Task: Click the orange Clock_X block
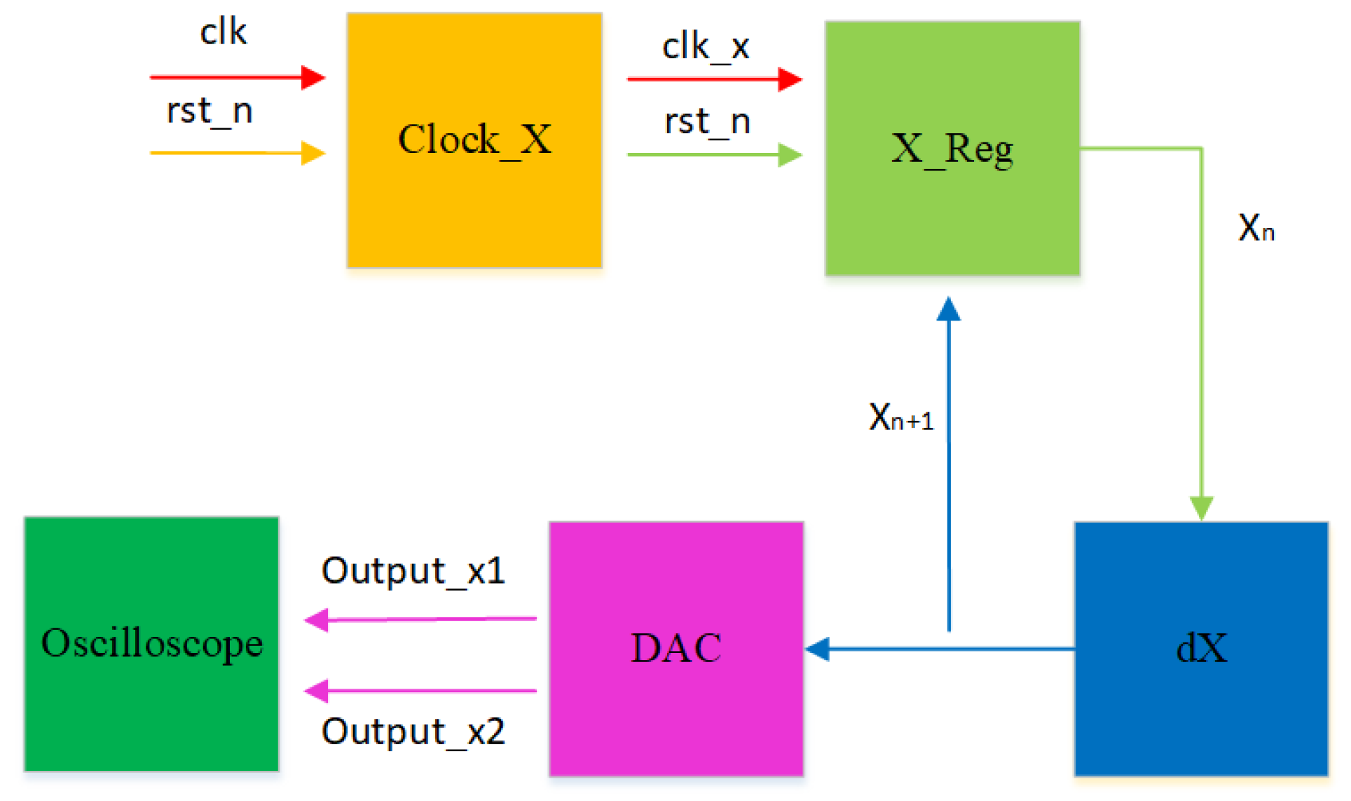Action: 474,140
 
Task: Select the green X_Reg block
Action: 952,149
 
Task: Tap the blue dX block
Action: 1201,648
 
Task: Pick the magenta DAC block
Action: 676,648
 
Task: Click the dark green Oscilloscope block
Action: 151,644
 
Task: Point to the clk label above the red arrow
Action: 223,32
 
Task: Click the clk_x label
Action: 706,47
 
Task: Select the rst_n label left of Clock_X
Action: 210,111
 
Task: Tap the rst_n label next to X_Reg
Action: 707,121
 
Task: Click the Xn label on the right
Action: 1256,228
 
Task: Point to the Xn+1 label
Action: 900,417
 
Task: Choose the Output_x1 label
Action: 413,570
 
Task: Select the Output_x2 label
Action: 413,732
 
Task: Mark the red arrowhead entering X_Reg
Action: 790,79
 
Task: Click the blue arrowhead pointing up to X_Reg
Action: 949,309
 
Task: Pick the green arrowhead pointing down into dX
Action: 1201,508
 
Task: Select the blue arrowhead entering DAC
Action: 818,649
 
